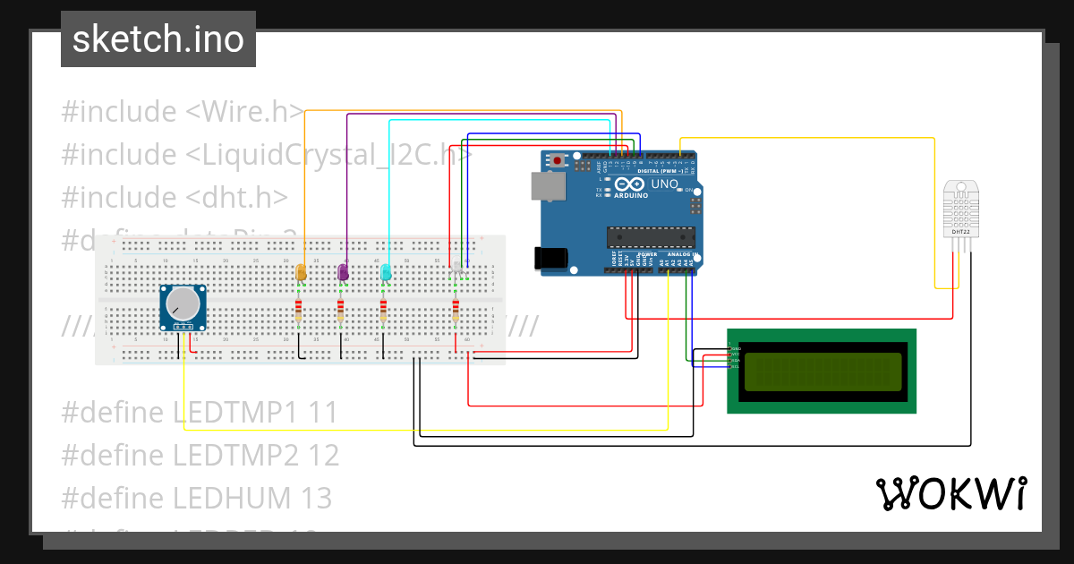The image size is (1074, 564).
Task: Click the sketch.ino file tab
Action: click(158, 39)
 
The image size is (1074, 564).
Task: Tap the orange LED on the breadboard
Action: click(301, 272)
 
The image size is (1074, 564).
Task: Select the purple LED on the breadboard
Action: click(343, 272)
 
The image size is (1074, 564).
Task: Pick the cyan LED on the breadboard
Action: click(386, 272)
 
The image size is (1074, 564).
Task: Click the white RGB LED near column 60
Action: click(457, 268)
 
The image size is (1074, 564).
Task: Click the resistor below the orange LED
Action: click(299, 312)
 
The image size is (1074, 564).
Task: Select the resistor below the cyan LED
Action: click(384, 312)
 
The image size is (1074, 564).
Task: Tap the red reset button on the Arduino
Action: click(559, 161)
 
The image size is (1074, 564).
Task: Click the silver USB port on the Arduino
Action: click(547, 185)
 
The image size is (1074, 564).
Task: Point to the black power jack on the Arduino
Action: click(550, 257)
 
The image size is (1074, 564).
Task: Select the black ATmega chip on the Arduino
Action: click(652, 236)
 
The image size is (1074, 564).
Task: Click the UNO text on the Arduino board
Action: click(664, 184)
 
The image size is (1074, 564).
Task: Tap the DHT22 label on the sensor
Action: click(961, 232)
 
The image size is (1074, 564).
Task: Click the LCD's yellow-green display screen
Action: click(822, 372)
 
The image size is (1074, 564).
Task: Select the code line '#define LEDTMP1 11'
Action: click(200, 413)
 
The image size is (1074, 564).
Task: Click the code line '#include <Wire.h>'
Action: click(183, 112)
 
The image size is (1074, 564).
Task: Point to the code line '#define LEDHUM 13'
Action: click(196, 498)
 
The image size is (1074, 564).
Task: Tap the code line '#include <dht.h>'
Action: click(175, 197)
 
